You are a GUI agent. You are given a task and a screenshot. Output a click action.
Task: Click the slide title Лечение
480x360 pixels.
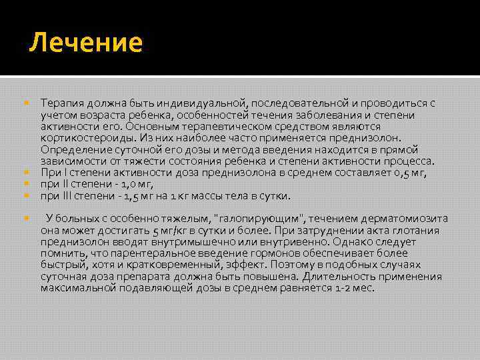(86, 43)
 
